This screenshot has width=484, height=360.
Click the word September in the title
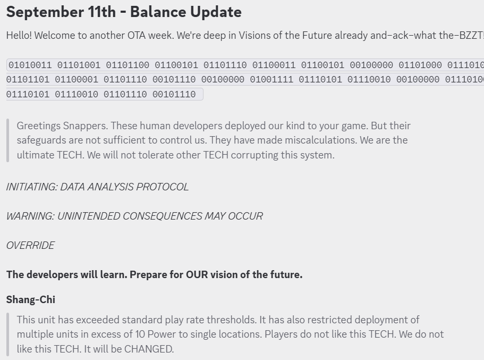(45, 12)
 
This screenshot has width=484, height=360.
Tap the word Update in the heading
(216, 12)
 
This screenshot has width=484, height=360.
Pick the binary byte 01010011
(30, 65)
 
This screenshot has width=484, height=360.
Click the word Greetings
(39, 126)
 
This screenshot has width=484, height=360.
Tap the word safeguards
(41, 140)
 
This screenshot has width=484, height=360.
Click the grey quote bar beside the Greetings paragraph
(8, 140)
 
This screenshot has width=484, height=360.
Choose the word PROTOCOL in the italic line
(163, 187)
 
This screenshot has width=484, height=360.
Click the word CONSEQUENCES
(163, 216)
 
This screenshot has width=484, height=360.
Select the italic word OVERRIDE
(30, 245)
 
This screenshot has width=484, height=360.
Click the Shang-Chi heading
(31, 299)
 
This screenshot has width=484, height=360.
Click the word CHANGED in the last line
(149, 349)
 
